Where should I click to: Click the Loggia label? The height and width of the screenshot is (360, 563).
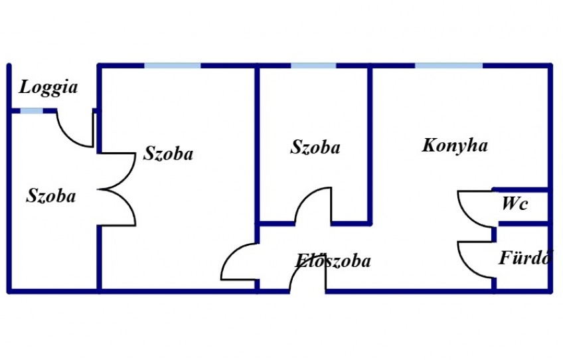pos(48,88)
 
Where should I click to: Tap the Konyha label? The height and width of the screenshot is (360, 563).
pos(455,145)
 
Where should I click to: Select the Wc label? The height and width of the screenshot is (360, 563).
pos(515,204)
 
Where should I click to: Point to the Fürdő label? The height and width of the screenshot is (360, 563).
pos(524,257)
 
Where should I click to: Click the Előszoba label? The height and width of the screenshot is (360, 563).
pos(333,261)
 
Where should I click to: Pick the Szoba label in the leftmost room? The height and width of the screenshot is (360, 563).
pos(51,196)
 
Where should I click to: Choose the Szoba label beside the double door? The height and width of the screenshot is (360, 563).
pos(168,153)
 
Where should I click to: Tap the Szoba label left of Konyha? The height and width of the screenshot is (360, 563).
pos(315,147)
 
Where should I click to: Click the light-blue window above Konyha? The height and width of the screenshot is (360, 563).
pos(449,66)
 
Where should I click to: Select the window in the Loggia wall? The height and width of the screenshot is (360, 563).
pos(32,111)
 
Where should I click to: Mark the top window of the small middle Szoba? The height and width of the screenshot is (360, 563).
pos(313,66)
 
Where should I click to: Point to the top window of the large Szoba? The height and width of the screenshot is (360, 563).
pos(173,66)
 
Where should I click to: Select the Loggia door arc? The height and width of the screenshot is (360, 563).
pos(68,137)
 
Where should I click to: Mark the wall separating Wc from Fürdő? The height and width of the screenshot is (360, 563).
pos(523,224)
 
